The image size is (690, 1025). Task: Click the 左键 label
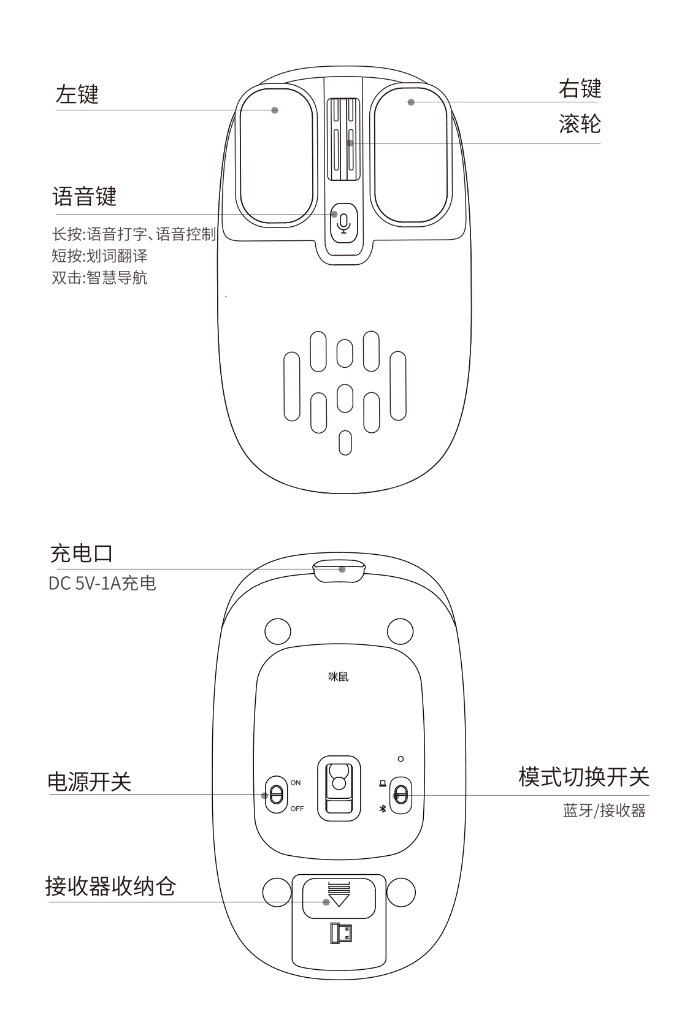[77, 94]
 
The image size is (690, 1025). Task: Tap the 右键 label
[580, 88]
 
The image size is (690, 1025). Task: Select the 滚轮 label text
[580, 124]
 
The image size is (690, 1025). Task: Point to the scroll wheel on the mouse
[344, 139]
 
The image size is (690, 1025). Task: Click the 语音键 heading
[85, 197]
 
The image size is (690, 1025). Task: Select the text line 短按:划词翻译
[100, 256]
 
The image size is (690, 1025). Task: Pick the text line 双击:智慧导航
[100, 278]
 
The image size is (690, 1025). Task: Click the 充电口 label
[82, 554]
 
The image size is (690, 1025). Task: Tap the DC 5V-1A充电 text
[102, 584]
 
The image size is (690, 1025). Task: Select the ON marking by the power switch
[296, 783]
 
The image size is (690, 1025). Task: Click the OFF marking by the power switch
[297, 809]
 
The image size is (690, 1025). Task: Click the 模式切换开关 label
[584, 777]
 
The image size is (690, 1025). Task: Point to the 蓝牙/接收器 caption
[604, 811]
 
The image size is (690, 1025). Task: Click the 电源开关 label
[90, 782]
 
